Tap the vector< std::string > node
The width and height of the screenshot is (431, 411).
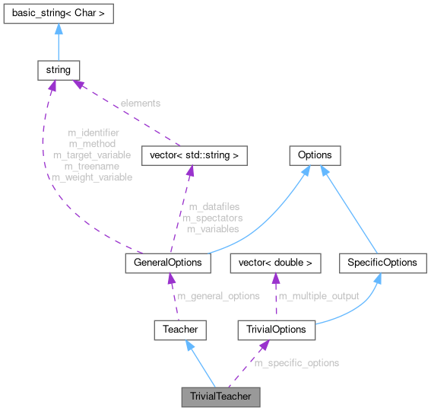click(x=194, y=156)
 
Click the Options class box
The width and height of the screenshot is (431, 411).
click(x=315, y=156)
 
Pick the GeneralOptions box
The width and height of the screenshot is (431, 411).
click(x=167, y=263)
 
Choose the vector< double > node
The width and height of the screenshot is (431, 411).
click(x=276, y=263)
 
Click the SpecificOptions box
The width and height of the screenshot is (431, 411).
click(x=382, y=263)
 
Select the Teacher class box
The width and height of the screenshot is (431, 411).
click(x=180, y=330)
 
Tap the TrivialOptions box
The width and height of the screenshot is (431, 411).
click(x=277, y=330)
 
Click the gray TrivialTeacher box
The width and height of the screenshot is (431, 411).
click(x=220, y=397)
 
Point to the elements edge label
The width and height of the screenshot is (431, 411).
click(x=141, y=101)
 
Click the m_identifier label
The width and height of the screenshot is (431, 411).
click(x=93, y=132)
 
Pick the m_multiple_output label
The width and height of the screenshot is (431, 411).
click(x=319, y=296)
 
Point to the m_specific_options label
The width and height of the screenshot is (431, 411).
click(x=296, y=363)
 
